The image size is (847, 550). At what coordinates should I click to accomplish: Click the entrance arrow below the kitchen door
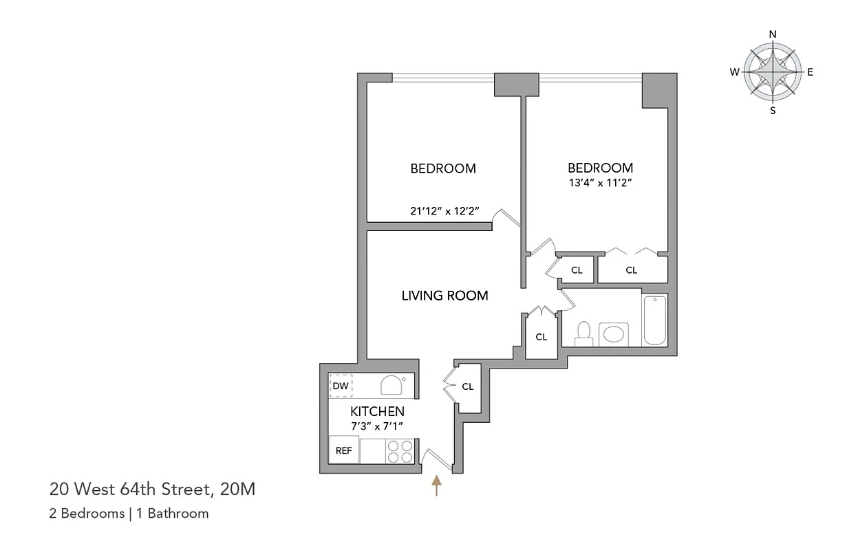tap(436, 485)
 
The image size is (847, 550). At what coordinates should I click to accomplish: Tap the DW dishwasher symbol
tap(341, 386)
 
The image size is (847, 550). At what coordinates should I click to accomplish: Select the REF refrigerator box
tap(343, 451)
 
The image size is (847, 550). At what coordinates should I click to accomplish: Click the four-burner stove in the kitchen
tap(399, 451)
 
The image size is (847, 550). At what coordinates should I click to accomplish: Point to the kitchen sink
tap(392, 384)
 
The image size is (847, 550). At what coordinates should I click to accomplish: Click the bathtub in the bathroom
tap(655, 320)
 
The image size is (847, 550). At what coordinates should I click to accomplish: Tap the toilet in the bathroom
tap(585, 333)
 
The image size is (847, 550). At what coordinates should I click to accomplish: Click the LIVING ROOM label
tap(444, 296)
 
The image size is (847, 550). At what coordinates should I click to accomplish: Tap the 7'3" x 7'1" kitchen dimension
tap(376, 426)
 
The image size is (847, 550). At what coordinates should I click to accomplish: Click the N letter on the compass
tap(773, 34)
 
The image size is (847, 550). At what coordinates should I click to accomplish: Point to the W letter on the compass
tap(735, 71)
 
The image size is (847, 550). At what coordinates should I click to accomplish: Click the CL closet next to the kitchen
tap(468, 387)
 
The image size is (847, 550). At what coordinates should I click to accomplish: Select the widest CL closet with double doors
tap(632, 270)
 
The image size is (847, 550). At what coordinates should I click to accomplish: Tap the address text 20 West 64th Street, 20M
tap(152, 490)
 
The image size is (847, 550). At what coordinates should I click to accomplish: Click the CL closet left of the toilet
tap(542, 337)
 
